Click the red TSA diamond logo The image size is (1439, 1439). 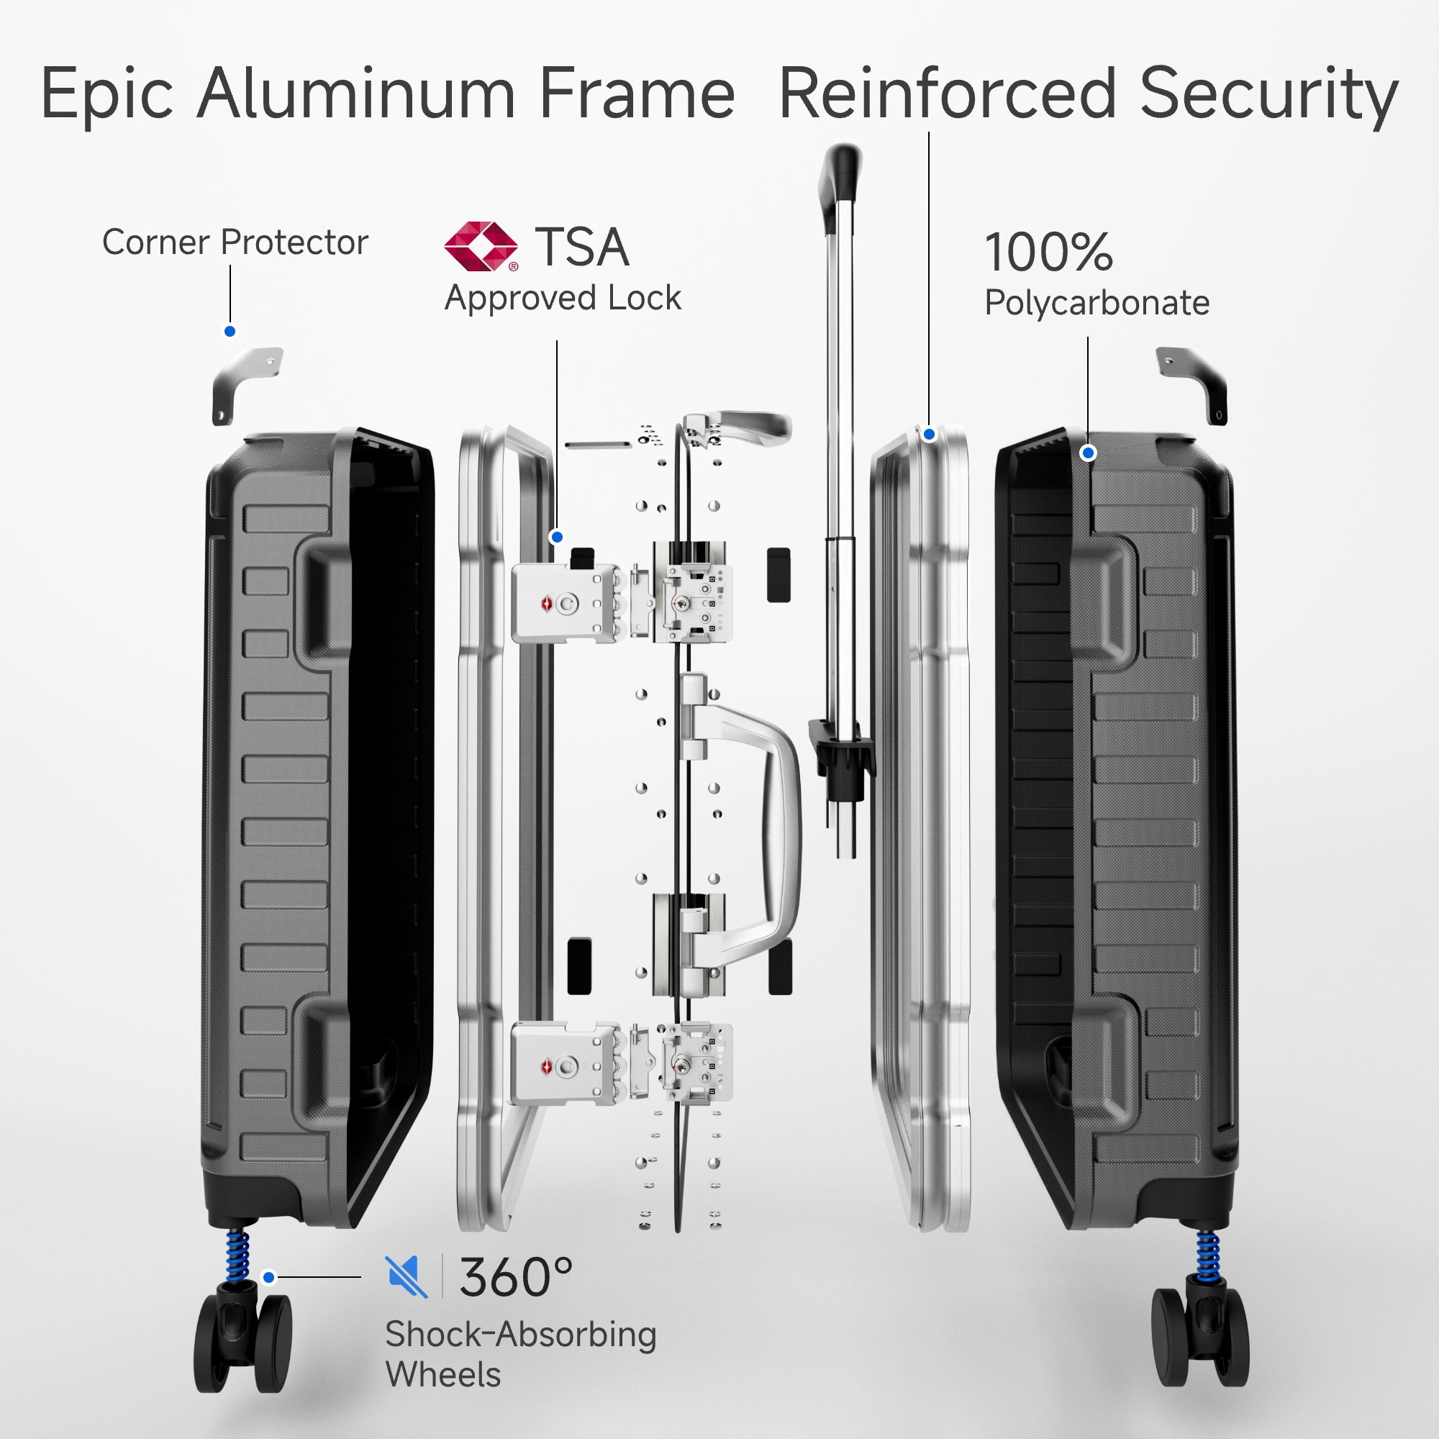click(x=481, y=246)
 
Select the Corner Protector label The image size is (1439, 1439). click(x=235, y=242)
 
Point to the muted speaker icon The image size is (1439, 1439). click(x=406, y=1276)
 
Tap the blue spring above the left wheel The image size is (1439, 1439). click(x=237, y=1253)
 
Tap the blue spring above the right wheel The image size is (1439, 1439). click(x=1207, y=1253)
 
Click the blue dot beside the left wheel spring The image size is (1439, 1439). click(x=269, y=1277)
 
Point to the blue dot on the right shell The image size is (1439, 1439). click(x=1088, y=453)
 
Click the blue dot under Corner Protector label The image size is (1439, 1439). click(x=230, y=332)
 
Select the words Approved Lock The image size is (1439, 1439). click(x=563, y=298)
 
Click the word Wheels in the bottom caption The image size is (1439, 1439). click(x=442, y=1374)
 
